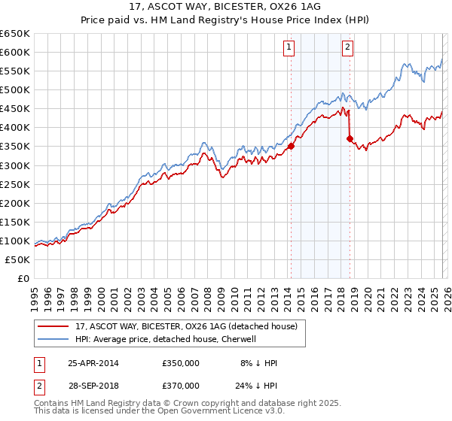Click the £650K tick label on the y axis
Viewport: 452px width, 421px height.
coord(14,34)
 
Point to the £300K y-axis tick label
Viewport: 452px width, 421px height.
coord(14,165)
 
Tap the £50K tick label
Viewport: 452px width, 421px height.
coord(17,259)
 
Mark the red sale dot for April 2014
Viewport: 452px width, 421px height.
coord(291,147)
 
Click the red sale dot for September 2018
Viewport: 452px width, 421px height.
coord(350,138)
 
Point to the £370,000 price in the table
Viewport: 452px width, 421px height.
coord(181,386)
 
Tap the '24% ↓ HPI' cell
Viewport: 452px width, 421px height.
coord(256,386)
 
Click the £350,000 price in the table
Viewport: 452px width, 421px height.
coord(181,363)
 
